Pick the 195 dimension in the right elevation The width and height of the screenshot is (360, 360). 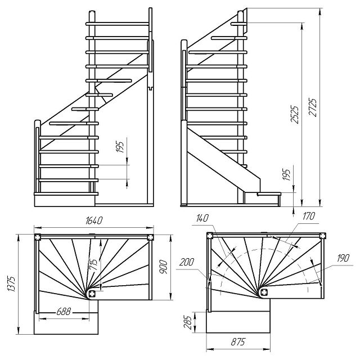(286, 174)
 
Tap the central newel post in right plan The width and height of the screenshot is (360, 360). (264, 291)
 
